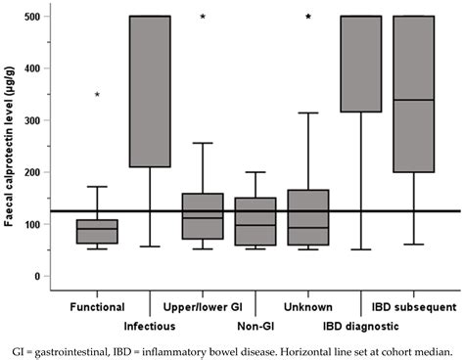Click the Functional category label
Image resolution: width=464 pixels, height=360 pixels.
[x=96, y=306]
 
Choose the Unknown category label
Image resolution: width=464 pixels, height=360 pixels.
[x=308, y=306]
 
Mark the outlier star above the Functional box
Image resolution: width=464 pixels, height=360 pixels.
[x=96, y=95]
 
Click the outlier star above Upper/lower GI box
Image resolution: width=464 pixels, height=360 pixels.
[x=203, y=17]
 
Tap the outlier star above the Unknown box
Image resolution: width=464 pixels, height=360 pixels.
[x=308, y=17]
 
